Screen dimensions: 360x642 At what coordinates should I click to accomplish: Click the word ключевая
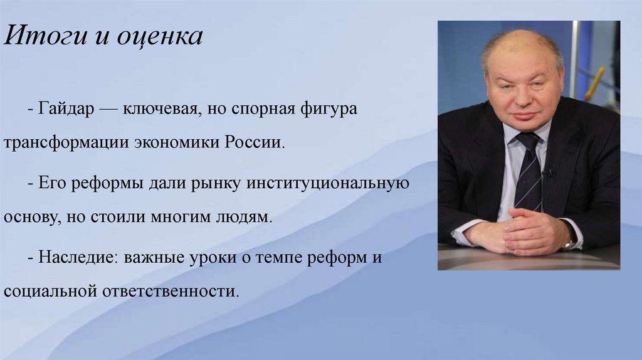(159, 109)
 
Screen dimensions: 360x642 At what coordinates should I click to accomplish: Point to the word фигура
(329, 109)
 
